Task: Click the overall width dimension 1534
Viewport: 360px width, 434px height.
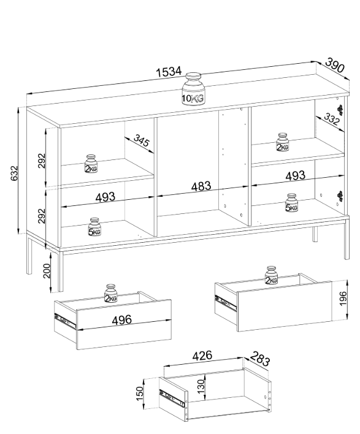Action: coord(169,72)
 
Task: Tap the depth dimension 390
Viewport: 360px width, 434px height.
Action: coord(335,65)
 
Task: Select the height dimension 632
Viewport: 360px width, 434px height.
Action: coord(14,173)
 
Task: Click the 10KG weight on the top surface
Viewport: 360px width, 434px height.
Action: coord(193,89)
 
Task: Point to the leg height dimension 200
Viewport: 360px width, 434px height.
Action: coord(47,271)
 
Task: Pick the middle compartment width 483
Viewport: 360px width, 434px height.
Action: coord(201,186)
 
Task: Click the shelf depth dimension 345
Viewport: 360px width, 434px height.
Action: coord(142,140)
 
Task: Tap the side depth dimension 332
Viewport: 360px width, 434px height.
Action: coord(331,119)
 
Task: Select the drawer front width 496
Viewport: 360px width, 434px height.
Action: coord(122,320)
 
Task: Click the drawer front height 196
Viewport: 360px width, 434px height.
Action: coord(343,299)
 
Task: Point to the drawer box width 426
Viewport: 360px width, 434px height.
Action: coord(202,356)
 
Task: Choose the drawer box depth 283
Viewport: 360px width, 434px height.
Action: coord(260,359)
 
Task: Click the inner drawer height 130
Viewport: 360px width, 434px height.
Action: coord(201,387)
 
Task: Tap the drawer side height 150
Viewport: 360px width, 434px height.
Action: coord(140,393)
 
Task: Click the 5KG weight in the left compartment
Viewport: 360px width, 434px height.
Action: coord(94,227)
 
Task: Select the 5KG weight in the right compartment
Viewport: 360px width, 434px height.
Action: coord(291,203)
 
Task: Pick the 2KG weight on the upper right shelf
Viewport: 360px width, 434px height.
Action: coord(283,142)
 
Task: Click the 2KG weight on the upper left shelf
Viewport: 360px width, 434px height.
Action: coord(91,164)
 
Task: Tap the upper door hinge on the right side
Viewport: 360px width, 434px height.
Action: coord(340,110)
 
